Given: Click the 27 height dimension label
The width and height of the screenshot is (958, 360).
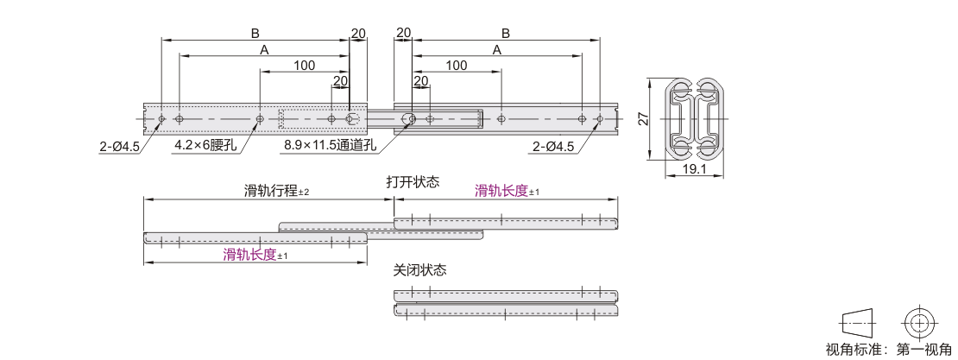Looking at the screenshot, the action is [642, 118].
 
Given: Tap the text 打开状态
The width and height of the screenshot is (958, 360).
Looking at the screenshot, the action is [413, 182].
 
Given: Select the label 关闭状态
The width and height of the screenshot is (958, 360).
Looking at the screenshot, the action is [419, 269].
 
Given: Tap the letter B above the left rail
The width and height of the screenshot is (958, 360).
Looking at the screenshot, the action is [255, 33].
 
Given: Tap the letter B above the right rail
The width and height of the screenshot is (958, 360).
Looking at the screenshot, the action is [505, 33].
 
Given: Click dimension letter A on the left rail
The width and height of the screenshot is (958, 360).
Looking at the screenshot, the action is [264, 50].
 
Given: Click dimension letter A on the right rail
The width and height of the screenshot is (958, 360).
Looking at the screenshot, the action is [497, 50].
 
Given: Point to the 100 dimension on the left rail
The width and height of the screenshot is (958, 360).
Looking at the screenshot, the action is [304, 66].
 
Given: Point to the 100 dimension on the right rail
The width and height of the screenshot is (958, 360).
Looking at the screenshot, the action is [457, 66].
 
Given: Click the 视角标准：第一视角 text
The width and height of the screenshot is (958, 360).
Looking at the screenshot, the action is [888, 350].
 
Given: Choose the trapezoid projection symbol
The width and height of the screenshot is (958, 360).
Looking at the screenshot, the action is [858, 321].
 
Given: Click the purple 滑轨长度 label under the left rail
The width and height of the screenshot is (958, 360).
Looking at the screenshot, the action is [249, 255].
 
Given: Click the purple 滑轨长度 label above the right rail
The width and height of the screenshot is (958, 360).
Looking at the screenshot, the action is [501, 191].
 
